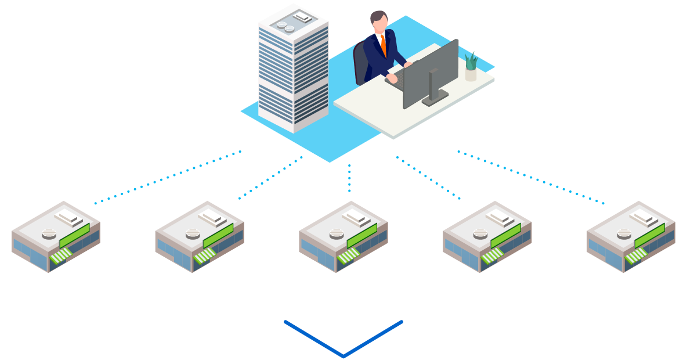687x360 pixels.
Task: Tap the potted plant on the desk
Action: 471,66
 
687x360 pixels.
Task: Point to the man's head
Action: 378,22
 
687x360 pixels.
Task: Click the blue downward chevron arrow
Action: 343,339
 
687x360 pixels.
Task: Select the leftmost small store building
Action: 56,236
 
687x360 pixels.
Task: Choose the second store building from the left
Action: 200,236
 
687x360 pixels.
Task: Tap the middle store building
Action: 343,236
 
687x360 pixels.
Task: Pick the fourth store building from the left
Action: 487,236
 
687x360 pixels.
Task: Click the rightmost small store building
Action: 631,236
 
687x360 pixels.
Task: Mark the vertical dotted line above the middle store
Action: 349,178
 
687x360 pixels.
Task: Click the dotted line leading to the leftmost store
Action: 168,177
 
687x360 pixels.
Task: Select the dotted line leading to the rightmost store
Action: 531,177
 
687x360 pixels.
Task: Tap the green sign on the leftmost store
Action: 74,236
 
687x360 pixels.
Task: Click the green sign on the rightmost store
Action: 650,236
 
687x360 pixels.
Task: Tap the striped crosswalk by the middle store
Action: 348,255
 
